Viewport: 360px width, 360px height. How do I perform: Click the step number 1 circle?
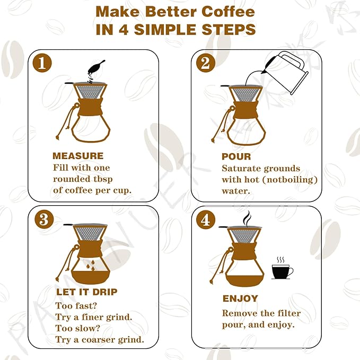click(42, 63)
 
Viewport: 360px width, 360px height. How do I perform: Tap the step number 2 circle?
click(205, 63)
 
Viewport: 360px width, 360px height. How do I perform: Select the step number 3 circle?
click(42, 219)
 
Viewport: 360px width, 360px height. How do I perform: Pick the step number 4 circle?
click(205, 219)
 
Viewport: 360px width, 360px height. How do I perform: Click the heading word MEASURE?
click(78, 156)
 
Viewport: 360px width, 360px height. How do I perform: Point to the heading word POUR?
click(236, 157)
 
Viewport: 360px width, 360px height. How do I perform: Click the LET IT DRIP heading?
click(86, 292)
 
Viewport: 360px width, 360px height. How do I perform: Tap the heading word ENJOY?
click(240, 298)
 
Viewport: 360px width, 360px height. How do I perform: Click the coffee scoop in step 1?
click(95, 67)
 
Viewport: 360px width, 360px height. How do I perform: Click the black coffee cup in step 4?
click(282, 271)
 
